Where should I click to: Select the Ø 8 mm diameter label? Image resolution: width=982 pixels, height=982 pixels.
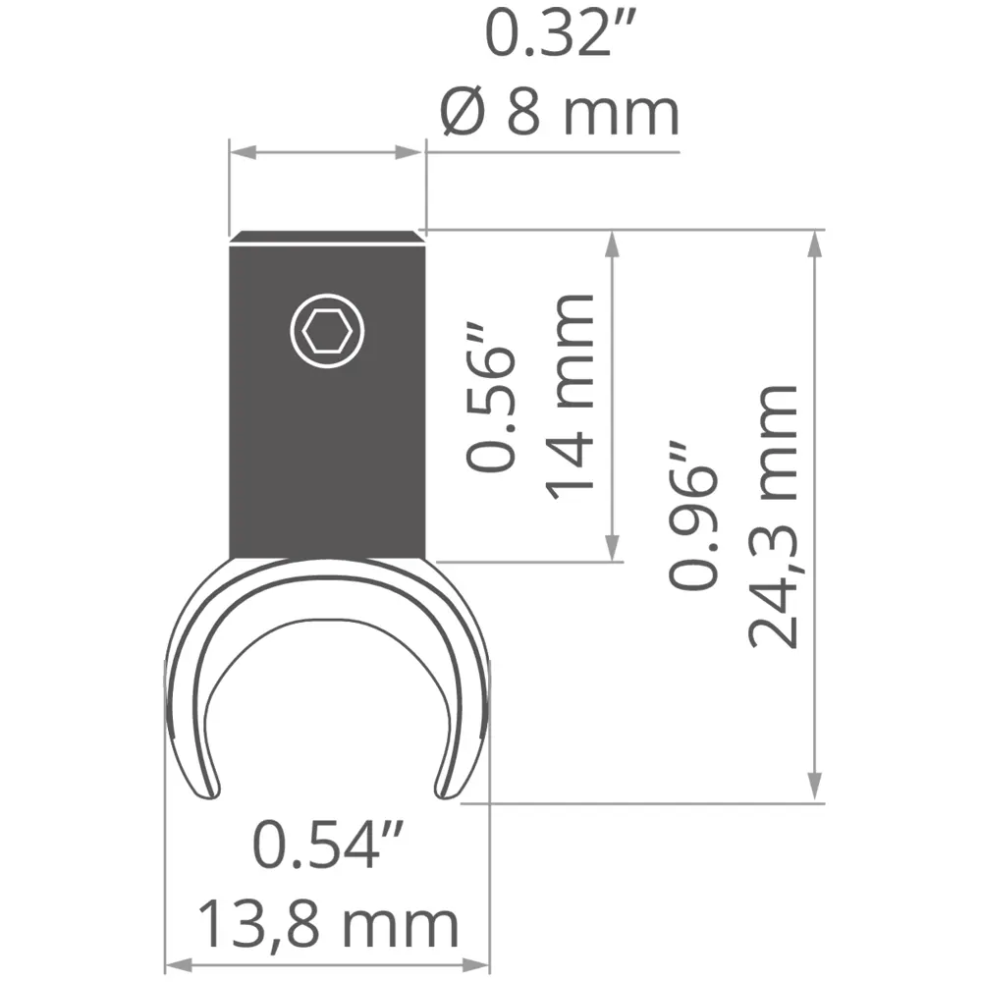pos(560,112)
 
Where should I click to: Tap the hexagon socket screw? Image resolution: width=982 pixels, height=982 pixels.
pos(327,331)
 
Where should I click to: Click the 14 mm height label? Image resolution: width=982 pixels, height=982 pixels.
pos(569,397)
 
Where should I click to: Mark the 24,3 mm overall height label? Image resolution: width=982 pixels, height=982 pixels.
pos(773,517)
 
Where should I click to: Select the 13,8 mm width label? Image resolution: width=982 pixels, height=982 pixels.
pos(328,924)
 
